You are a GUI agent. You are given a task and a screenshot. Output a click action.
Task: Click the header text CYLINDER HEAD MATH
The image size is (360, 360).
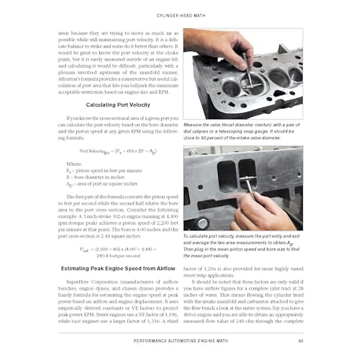point(181,15)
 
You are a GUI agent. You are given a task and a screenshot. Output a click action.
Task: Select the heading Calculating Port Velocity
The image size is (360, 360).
point(118,105)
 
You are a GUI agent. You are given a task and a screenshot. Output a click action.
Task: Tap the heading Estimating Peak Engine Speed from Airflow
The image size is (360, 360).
point(118,268)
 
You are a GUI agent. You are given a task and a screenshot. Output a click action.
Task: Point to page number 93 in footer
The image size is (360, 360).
point(301,341)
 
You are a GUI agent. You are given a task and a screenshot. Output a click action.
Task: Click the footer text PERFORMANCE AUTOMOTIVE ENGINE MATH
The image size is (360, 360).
point(181,341)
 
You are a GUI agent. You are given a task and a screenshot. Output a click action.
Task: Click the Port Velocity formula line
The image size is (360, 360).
point(118,151)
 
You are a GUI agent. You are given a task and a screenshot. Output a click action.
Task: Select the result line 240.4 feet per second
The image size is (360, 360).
point(118,256)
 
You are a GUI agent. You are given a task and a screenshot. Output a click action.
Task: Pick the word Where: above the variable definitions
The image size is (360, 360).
point(74,164)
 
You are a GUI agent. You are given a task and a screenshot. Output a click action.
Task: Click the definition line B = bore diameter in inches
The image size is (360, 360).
point(95,177)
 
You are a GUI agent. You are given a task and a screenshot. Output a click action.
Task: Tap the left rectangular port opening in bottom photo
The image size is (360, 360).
point(226,177)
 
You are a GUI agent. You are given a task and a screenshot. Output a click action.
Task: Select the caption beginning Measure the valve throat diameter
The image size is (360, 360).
point(241,131)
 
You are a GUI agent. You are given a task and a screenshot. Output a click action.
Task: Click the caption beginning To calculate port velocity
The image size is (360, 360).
point(241,246)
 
